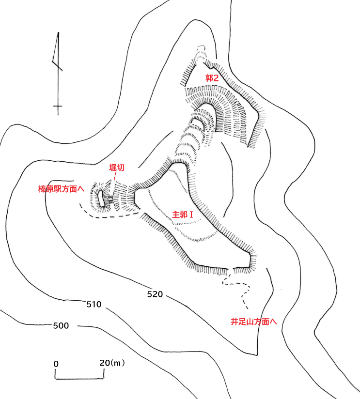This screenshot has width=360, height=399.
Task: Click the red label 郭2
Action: [212, 78]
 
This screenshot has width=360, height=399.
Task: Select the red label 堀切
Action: [117, 168]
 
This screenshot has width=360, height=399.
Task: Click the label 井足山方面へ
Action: [253, 321]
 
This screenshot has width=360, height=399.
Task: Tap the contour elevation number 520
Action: [154, 294]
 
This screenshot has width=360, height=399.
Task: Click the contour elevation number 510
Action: [93, 305]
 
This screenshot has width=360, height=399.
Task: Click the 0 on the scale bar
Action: [56, 364]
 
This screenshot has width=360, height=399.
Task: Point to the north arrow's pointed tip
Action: [58, 33]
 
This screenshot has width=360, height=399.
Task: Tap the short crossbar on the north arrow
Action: [58, 106]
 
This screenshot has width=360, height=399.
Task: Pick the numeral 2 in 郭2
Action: [217, 78]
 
